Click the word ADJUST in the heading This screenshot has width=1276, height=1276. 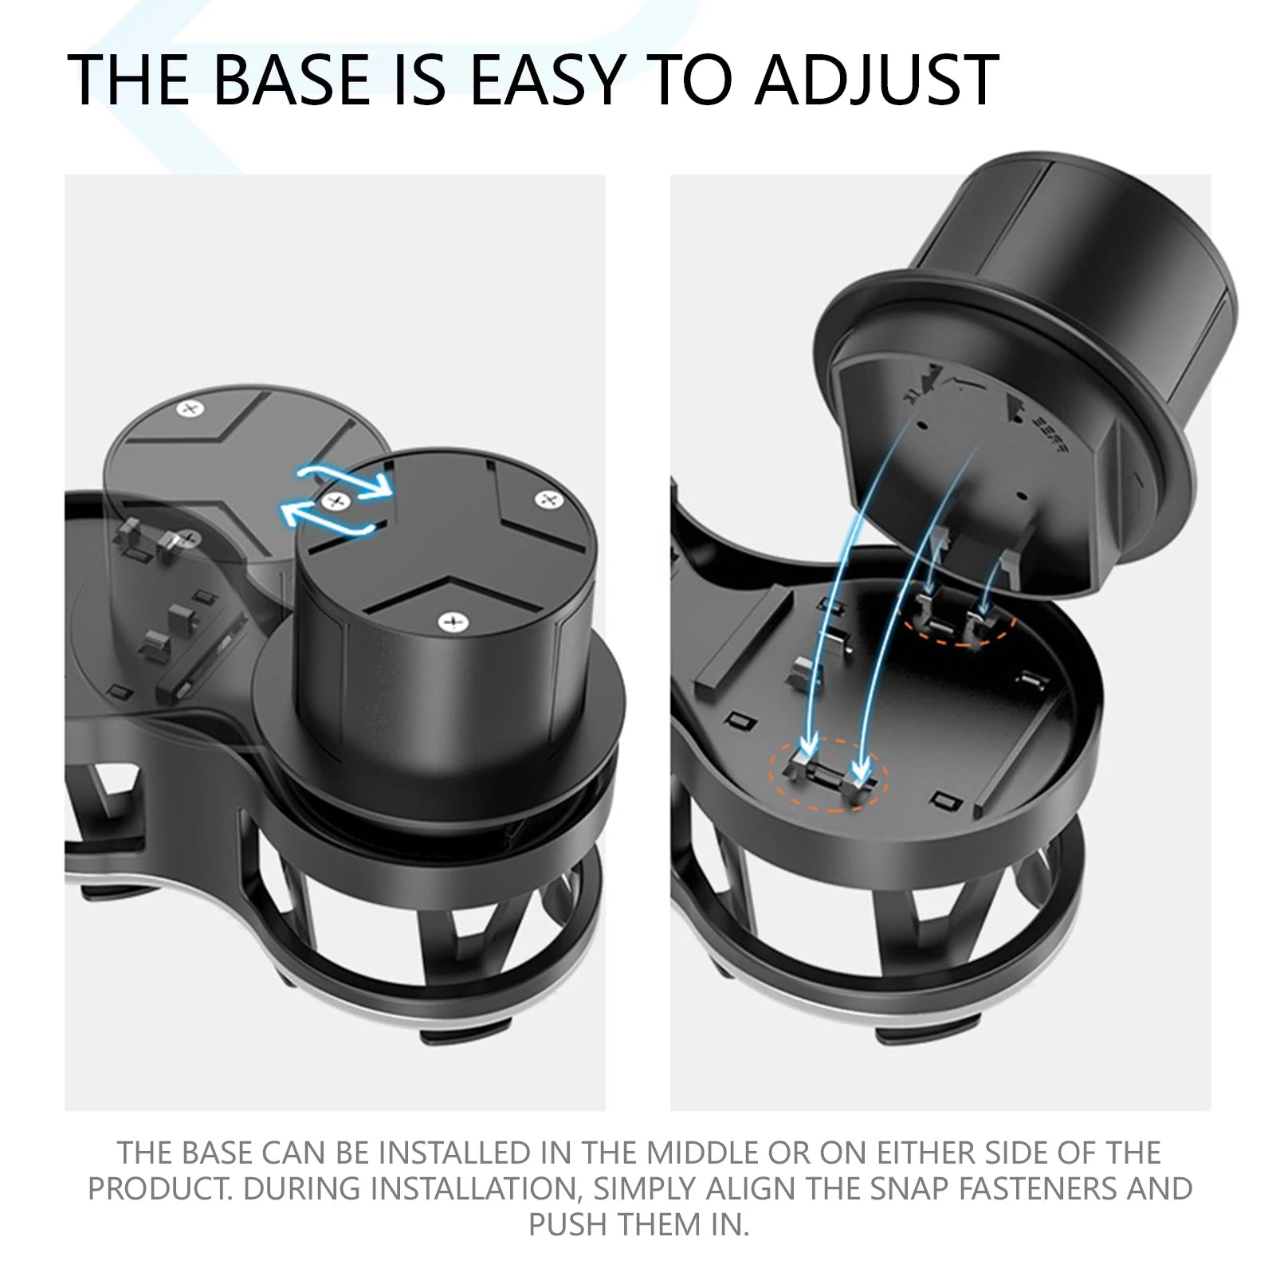click(877, 80)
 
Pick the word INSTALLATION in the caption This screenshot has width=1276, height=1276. click(470, 1188)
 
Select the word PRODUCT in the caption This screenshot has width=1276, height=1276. click(160, 1188)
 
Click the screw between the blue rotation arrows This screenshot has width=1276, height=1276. click(336, 501)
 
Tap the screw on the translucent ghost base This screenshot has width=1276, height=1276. click(189, 410)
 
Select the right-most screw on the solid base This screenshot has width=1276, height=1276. click(547, 501)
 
